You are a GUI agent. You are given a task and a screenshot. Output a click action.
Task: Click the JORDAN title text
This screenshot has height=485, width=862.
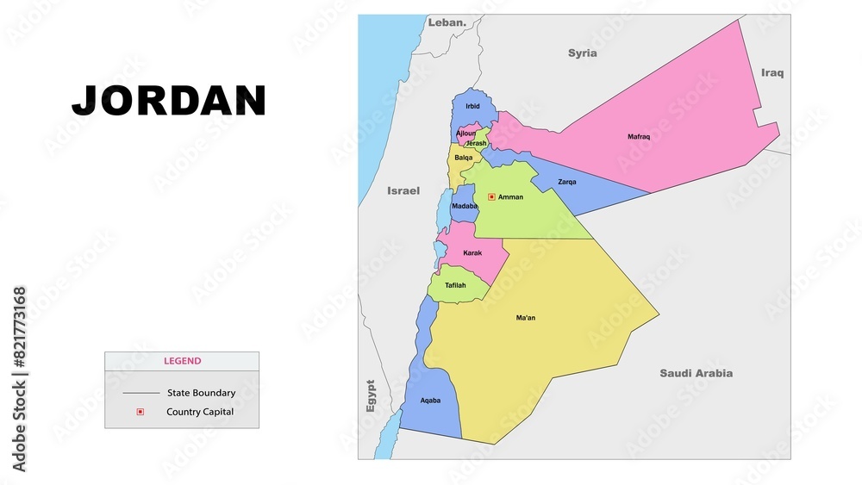(169, 101)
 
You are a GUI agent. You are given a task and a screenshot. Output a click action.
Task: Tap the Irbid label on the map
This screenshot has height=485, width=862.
(472, 107)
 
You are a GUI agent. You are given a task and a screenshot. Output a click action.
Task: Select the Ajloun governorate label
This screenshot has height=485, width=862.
(465, 134)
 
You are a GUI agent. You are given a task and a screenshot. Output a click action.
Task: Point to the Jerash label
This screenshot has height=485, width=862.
(476, 143)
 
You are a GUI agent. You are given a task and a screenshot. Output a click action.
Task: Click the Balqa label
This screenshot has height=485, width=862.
(464, 158)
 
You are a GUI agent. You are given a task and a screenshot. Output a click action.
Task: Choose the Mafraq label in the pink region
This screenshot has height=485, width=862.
(639, 136)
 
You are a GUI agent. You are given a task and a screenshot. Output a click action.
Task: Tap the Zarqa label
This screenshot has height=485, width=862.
(567, 182)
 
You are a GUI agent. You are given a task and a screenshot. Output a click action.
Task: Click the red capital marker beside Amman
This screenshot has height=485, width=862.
(491, 197)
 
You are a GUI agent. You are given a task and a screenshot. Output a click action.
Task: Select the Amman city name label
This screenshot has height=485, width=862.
(510, 197)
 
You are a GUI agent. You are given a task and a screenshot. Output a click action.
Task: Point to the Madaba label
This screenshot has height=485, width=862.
(465, 206)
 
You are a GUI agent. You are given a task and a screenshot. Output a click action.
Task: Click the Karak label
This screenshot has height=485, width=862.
(472, 253)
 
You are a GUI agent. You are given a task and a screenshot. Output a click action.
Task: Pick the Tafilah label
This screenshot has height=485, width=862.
(455, 285)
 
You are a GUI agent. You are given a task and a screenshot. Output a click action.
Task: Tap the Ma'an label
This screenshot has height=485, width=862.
(526, 318)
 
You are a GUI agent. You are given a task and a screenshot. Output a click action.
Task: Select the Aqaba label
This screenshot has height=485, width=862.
(430, 401)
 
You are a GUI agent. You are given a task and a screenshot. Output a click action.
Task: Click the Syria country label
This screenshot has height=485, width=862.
(582, 53)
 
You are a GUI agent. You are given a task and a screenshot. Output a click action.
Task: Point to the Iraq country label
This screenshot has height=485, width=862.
(772, 73)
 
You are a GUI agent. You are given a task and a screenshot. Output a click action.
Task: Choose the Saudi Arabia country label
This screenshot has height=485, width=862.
(696, 373)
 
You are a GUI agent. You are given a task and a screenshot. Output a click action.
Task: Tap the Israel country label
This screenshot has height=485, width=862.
(403, 190)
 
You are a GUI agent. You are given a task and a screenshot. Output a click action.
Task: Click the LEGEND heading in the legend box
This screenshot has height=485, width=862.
(183, 361)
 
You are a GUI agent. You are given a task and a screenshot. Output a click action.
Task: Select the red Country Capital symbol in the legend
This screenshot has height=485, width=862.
(140, 412)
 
